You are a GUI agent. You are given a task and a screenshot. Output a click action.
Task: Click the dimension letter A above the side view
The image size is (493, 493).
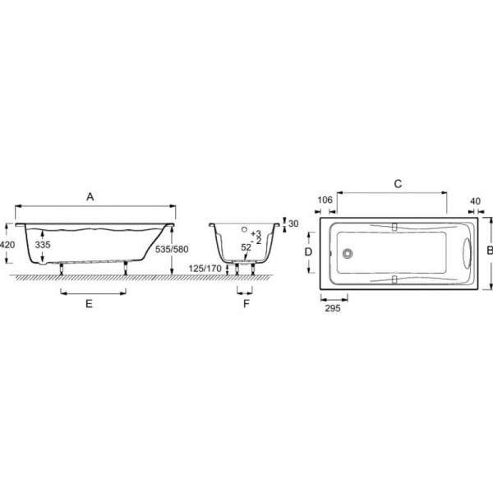(90, 197)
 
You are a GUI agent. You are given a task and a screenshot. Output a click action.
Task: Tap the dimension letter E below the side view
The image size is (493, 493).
(90, 304)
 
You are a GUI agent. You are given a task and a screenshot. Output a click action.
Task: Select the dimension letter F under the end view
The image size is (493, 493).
(246, 304)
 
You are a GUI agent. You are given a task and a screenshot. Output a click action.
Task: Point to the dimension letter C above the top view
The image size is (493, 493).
(398, 183)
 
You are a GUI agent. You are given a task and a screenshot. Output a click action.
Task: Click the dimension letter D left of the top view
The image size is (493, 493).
(308, 251)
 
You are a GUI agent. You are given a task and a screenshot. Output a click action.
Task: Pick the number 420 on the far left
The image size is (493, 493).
(7, 244)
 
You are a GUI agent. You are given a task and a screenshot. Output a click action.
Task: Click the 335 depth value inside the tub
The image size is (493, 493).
(43, 244)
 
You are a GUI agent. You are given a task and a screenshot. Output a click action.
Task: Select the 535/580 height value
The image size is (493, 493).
(172, 249)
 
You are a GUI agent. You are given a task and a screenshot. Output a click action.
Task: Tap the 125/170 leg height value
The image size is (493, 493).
(205, 269)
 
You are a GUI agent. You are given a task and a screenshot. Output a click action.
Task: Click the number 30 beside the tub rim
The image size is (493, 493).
(293, 223)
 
